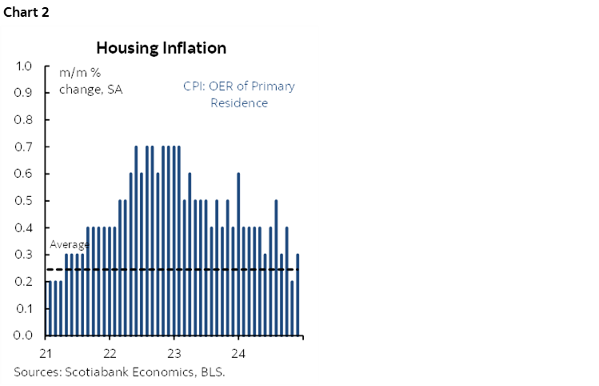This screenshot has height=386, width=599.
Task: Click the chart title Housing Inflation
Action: pyautogui.click(x=161, y=48)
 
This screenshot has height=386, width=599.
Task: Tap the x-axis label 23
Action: pyautogui.click(x=174, y=353)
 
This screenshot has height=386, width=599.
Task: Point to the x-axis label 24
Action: pyautogui.click(x=238, y=353)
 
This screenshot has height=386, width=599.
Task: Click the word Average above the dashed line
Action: pyautogui.click(x=68, y=245)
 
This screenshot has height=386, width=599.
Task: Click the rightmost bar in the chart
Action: pyautogui.click(x=298, y=295)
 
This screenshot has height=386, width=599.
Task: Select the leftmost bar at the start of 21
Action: pyautogui.click(x=50, y=308)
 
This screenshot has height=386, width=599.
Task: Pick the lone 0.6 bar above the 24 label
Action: pyautogui.click(x=238, y=254)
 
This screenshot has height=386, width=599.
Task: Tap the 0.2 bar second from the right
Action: pyautogui.click(x=292, y=308)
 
